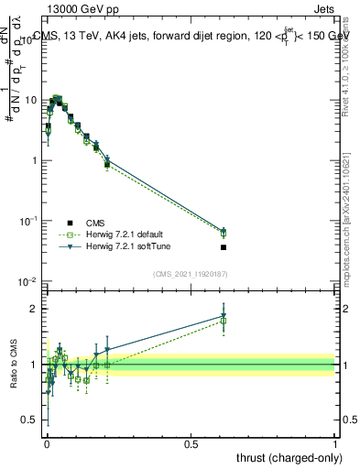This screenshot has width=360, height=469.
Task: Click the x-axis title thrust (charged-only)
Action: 289,457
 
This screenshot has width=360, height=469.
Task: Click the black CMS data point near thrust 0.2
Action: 107,165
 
